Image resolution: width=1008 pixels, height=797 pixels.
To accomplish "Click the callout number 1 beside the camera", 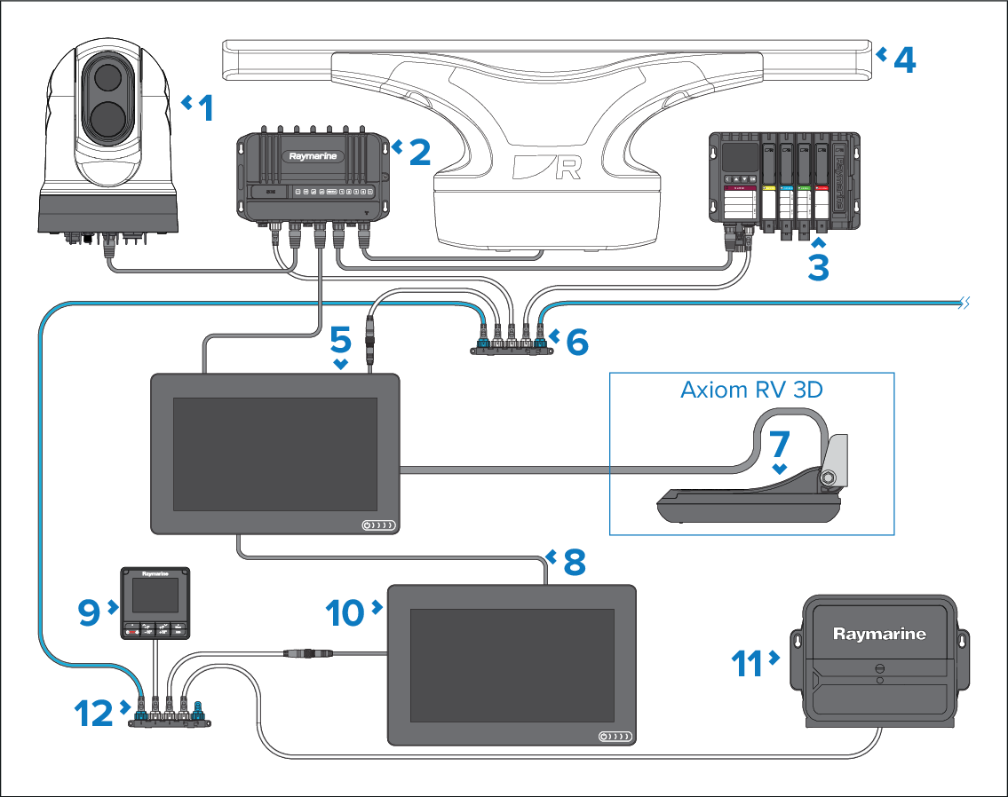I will tap(206, 108).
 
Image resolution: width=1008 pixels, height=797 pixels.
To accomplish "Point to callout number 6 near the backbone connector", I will tap(577, 342).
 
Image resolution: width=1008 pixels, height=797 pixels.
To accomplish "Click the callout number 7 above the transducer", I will tap(780, 447).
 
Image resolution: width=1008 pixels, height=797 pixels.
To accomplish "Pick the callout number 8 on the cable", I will tap(575, 561).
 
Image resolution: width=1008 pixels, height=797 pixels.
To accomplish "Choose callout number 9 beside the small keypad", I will tap(89, 611).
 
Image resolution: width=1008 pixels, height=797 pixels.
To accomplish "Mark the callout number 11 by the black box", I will tap(748, 662).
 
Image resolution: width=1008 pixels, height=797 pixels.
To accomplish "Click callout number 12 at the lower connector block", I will tap(93, 714).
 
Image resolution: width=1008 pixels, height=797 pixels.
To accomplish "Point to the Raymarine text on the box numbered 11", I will tap(879, 634).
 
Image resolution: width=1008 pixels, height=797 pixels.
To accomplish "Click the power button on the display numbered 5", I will tap(368, 526).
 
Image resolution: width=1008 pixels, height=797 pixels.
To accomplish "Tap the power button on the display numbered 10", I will tap(606, 737).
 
